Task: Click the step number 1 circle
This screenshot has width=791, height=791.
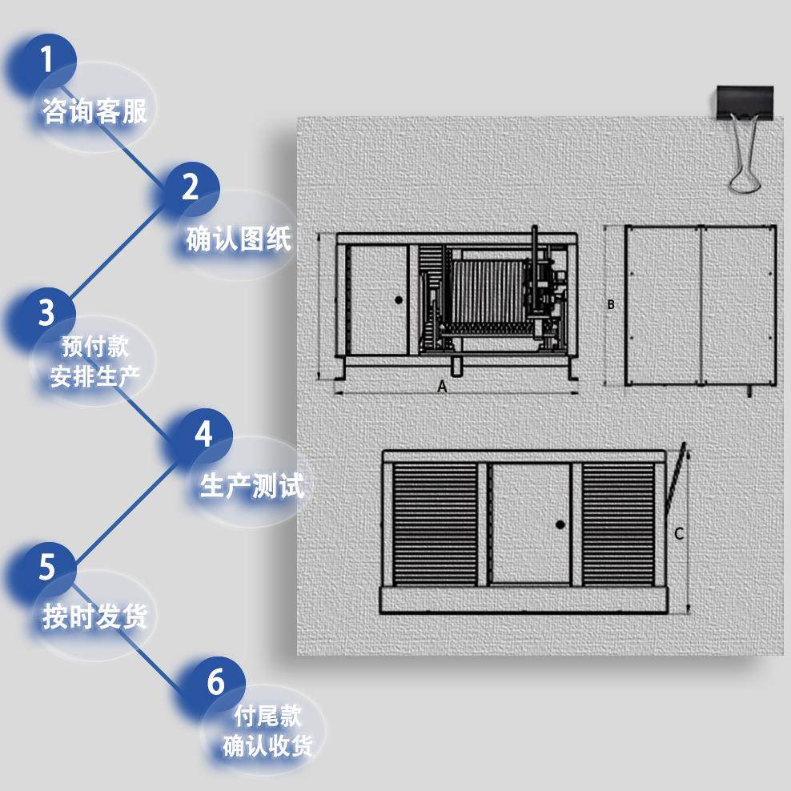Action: coord(46,60)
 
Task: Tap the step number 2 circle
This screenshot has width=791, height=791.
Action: coord(190,187)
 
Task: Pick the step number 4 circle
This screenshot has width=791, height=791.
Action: coord(203,435)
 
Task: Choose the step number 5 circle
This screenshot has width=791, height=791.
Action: coord(46,567)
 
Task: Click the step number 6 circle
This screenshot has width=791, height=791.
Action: coord(215,683)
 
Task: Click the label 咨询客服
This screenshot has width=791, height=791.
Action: coord(94,111)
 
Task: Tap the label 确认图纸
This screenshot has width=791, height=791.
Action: coord(239,239)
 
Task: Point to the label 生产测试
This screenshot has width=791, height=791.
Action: coord(252,486)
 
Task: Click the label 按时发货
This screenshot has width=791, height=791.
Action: coord(94,616)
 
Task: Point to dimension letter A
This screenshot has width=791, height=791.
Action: coord(441,386)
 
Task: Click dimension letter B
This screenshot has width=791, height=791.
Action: coord(611,304)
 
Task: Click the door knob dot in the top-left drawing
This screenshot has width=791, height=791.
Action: coord(398,299)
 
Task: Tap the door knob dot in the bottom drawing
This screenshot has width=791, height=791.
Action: coord(560,524)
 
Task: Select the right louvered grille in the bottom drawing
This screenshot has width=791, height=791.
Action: coord(618,524)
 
